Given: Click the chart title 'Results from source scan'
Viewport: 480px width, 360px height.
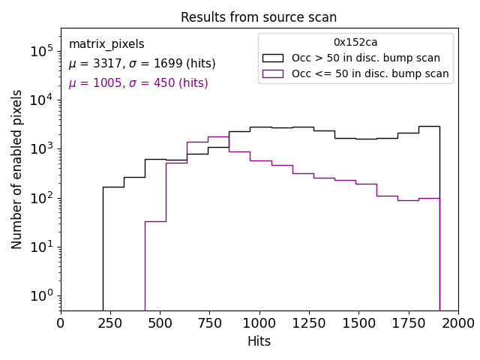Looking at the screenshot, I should click(x=259, y=17).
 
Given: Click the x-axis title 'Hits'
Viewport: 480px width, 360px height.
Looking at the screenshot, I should click(x=259, y=341).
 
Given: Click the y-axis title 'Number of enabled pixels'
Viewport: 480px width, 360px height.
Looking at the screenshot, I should click(x=17, y=169).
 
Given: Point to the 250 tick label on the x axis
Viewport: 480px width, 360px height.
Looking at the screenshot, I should click(x=110, y=323).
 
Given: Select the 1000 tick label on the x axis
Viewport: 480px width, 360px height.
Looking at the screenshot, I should click(x=259, y=323).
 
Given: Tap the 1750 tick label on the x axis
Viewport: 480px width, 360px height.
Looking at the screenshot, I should click(x=408, y=323).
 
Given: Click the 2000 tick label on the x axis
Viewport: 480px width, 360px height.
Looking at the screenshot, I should click(x=457, y=323).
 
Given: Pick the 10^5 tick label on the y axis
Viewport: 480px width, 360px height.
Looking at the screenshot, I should click(x=41, y=51).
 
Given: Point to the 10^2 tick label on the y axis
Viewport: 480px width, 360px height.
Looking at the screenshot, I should click(x=41, y=198).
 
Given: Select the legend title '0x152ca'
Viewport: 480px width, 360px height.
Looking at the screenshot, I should click(x=355, y=43).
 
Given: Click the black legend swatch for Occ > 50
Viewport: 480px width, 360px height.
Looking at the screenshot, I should click(x=274, y=58).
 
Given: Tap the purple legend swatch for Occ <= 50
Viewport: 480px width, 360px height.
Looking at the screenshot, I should click(x=274, y=73).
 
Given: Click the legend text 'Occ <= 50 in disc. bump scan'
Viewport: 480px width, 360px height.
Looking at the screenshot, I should click(x=370, y=73).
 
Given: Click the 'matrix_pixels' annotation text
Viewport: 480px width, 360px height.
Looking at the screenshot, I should click(x=106, y=44).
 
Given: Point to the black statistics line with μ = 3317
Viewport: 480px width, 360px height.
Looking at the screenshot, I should click(x=142, y=64).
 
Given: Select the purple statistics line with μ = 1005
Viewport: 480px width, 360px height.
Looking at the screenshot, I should click(x=138, y=83).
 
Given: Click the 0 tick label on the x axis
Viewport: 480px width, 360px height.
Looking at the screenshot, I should click(x=61, y=323).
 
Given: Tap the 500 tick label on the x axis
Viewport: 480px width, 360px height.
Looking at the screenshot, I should click(x=160, y=323).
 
